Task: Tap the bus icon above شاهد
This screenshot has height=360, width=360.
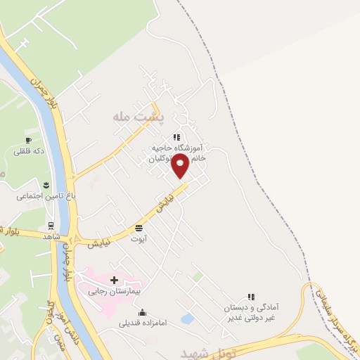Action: (x=51, y=226)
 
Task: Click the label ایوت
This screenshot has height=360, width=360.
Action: (x=138, y=239)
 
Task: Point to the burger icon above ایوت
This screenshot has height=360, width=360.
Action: (x=139, y=228)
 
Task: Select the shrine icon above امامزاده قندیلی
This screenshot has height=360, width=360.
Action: (x=143, y=313)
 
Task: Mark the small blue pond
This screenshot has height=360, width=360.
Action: (x=187, y=319)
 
